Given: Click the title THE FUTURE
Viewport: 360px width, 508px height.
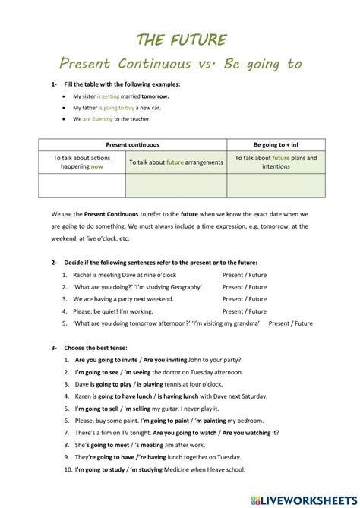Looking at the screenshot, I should (x=180, y=39).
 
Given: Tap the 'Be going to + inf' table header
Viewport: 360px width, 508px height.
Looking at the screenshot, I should (x=276, y=144).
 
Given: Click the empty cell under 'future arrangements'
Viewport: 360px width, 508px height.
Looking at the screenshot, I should (x=175, y=185).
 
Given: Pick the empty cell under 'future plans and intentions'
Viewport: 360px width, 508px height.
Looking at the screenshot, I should (x=276, y=185).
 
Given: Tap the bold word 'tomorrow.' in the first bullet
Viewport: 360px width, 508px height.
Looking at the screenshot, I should (x=154, y=97).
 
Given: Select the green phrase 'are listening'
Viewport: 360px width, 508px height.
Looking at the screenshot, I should (x=98, y=119).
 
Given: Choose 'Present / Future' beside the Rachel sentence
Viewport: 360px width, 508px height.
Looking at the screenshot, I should (x=245, y=275).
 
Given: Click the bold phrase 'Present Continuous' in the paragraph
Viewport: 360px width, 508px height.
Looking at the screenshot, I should (x=109, y=215).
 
